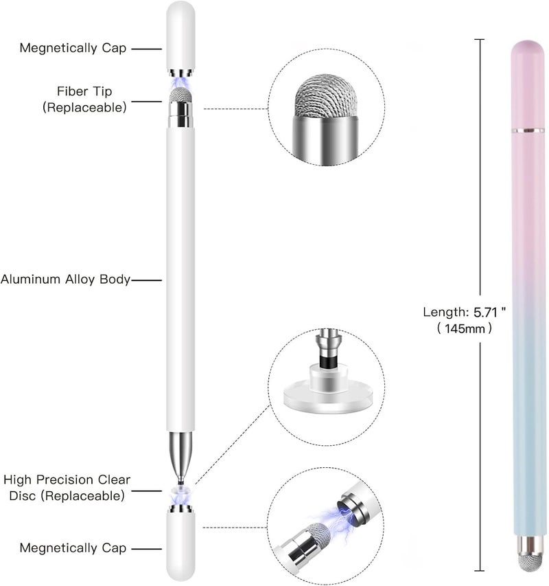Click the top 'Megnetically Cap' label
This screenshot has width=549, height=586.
pos(73,48)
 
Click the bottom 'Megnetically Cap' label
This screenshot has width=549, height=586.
pos(73,548)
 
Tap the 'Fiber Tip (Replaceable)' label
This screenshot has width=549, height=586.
pos(84,99)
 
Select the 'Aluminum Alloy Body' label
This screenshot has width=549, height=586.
pos(65,279)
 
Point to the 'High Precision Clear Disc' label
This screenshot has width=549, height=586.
pos(67,488)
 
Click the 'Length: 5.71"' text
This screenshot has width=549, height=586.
pos(465,312)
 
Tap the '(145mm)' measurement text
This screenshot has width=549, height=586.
pos(465,329)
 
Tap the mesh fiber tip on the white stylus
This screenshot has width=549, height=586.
pos(181,95)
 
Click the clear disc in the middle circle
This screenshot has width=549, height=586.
pos(327,396)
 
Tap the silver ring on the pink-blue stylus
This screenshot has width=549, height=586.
pos(527,130)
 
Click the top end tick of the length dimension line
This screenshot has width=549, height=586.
pos(480,39)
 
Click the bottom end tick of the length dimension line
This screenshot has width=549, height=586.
pos(480,570)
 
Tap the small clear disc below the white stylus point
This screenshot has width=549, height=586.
pos(180,491)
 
